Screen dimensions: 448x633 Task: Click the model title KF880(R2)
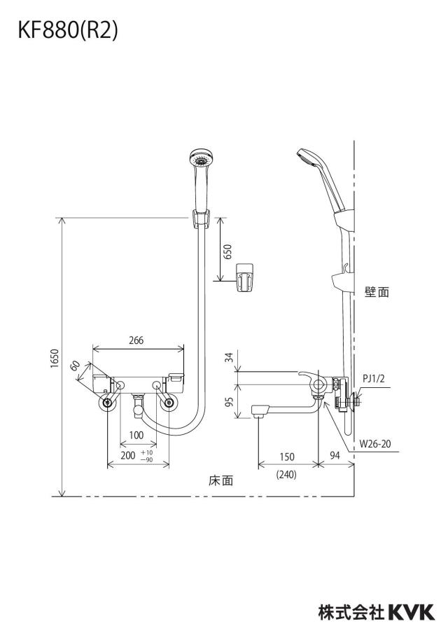(68, 31)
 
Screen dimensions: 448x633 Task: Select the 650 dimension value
(227, 251)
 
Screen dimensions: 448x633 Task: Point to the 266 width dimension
(136, 340)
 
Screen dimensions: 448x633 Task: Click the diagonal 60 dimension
(75, 366)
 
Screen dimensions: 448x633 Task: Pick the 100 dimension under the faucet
(136, 435)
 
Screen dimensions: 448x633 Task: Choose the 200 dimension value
(128, 456)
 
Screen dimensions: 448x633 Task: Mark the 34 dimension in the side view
(229, 357)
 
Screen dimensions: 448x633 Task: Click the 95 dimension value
(229, 402)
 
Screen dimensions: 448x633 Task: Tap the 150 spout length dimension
(287, 457)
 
